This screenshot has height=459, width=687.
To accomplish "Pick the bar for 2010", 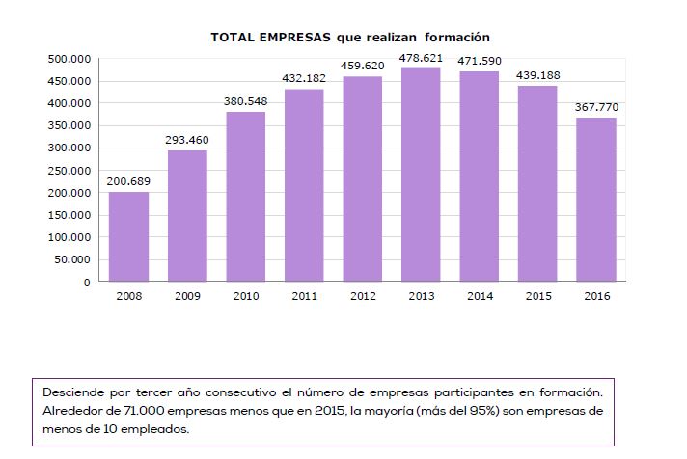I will pos(245,197).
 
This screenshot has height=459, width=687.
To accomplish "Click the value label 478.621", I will pos(420,58).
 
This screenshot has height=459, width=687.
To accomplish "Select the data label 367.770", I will pos(596,107).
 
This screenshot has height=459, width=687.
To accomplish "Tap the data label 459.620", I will pos(363,67).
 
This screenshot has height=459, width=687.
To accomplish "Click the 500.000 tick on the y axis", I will pos(69,59).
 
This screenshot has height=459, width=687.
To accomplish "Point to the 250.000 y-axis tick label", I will pos(69,171).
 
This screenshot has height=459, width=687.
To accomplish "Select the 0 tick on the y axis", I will pos(86,283).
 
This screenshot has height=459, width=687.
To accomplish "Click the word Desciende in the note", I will pos(73,393).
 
